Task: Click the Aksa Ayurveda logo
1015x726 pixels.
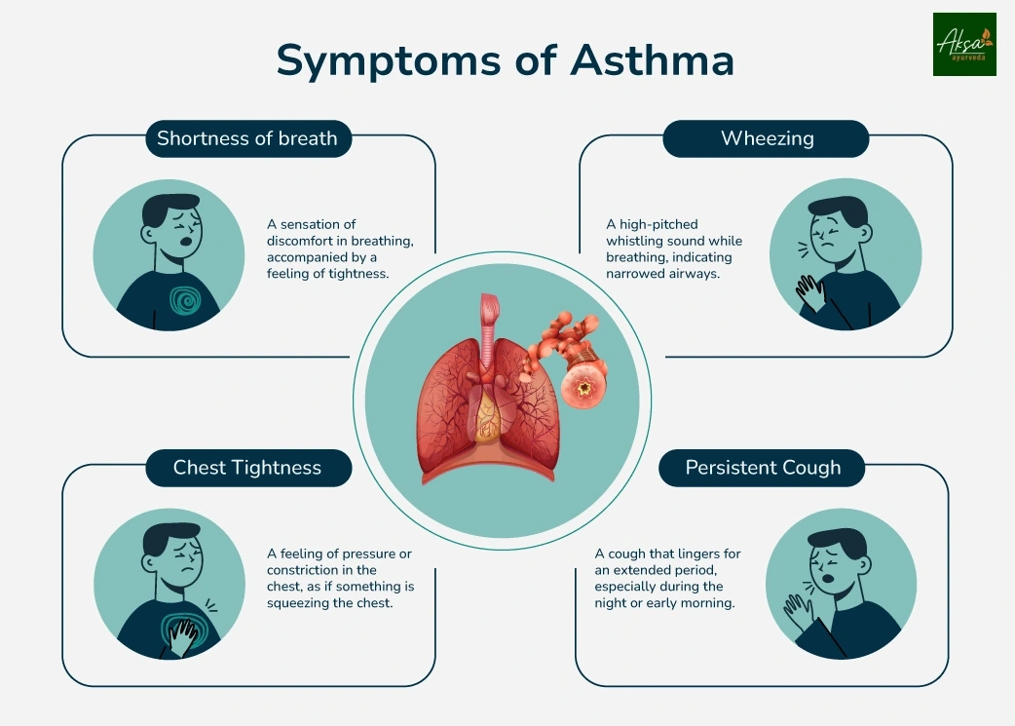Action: [x=964, y=44]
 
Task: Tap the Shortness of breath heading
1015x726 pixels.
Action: [x=247, y=138]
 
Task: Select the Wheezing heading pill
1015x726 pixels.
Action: [x=767, y=138]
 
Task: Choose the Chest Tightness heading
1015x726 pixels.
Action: [x=247, y=468]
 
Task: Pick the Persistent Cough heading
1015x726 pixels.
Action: [x=763, y=468]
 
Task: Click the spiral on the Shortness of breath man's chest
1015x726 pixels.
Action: [x=183, y=297]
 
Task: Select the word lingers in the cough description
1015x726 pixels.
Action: [x=690, y=554]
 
